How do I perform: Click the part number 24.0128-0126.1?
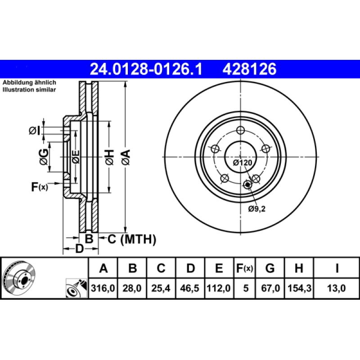click(x=146, y=69)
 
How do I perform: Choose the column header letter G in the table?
click(x=270, y=269)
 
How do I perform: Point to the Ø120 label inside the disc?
click(x=242, y=162)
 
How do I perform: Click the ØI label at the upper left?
click(x=35, y=130)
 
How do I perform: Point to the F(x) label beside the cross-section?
click(x=39, y=187)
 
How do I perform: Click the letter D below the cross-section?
click(x=80, y=248)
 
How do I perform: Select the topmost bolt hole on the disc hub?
click(x=240, y=130)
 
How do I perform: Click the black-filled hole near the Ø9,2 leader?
click(x=247, y=184)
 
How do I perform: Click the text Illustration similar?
click(x=29, y=90)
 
